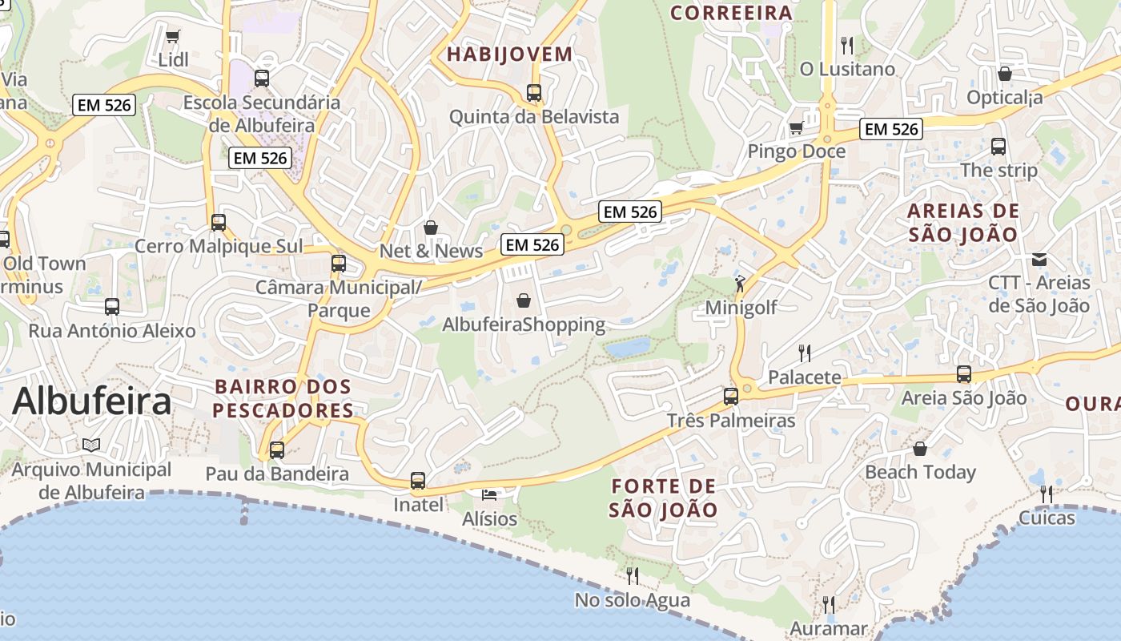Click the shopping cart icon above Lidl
tap(172, 36)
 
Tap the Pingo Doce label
tap(796, 151)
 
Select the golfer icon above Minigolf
tap(740, 284)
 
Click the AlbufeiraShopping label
tap(524, 325)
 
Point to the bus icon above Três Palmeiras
tap(730, 396)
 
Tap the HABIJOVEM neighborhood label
tap(510, 54)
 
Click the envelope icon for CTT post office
tap(1039, 259)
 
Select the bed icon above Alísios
tap(489, 495)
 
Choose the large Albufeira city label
tap(91, 401)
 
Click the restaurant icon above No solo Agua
tap(632, 575)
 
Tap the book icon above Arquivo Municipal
tap(91, 445)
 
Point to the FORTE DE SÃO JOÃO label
tap(663, 498)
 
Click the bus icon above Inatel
tap(418, 481)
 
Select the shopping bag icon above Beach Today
tap(920, 449)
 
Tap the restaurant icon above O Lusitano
tap(847, 45)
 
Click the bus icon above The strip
tap(998, 147)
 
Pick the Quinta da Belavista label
tap(534, 117)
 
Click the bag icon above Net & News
tap(431, 228)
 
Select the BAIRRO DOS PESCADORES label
tap(283, 398)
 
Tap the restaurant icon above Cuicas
tap(1047, 494)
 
